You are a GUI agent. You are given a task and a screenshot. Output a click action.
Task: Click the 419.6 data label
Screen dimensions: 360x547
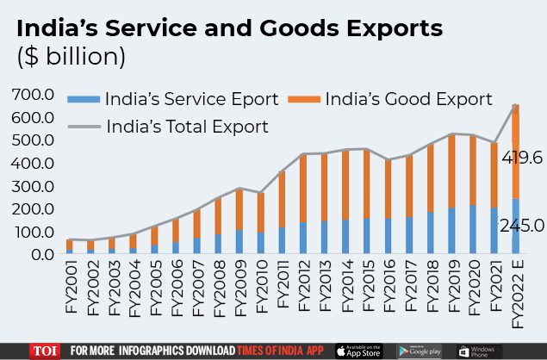[522, 158]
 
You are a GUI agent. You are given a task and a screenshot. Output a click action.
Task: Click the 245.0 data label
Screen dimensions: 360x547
[522, 226]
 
